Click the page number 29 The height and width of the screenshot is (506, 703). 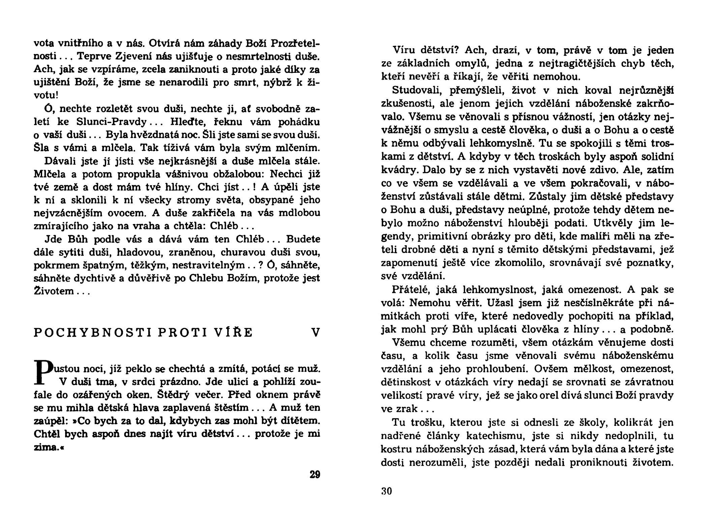coord(315,474)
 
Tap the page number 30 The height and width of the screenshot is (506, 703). coord(387,491)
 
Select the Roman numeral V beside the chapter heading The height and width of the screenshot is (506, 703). coord(315,333)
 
